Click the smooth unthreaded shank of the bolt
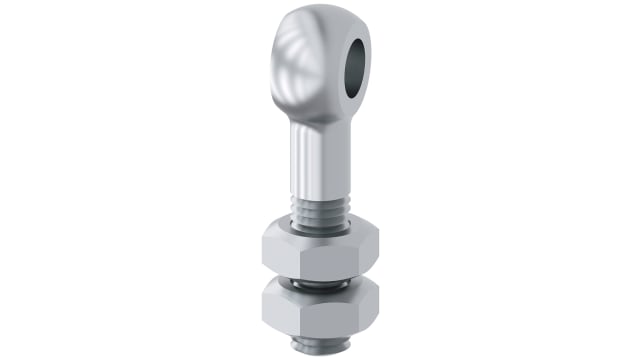(x=317, y=165)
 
